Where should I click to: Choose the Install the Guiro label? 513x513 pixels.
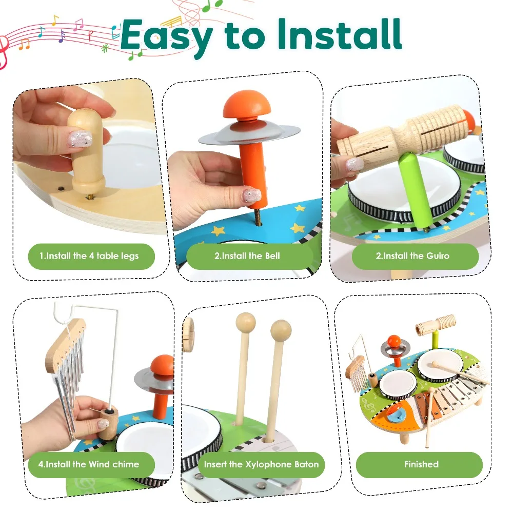[415, 255]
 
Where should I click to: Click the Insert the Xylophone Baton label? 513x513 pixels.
[261, 464]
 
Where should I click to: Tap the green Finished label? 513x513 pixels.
[421, 464]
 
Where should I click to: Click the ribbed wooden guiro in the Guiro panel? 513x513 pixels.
[405, 131]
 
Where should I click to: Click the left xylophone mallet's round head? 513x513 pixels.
[245, 323]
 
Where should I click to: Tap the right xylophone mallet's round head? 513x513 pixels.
[281, 330]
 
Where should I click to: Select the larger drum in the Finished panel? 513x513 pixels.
[440, 365]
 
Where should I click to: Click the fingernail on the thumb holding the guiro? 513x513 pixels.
[354, 165]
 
